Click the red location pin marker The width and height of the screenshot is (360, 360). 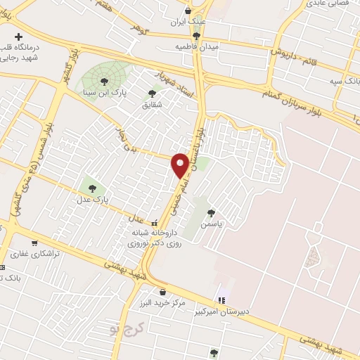(181, 165)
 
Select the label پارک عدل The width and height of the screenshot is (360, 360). (89, 200)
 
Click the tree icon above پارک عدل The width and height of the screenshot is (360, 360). (92, 187)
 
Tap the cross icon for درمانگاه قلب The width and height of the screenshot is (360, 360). (18, 36)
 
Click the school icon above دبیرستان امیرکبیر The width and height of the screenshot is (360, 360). (222, 300)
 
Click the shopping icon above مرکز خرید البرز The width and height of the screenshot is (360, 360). (163, 291)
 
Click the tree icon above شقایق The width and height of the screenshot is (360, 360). (152, 93)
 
